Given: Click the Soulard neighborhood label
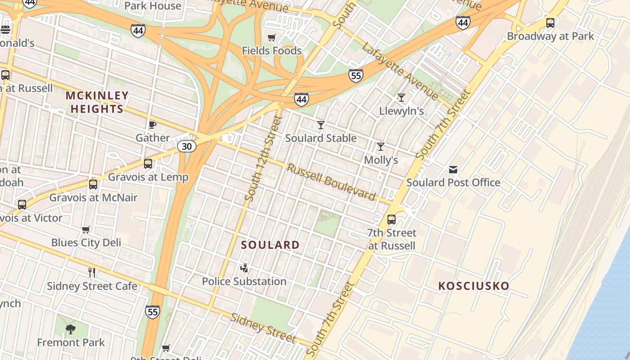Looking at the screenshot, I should point(270,245).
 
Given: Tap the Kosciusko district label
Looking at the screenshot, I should point(473,286).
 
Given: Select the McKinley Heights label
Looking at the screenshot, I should point(97,102).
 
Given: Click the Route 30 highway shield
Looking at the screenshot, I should point(186,146).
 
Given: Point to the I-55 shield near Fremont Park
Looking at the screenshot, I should point(153,311).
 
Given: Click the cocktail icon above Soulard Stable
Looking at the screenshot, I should point(321,125).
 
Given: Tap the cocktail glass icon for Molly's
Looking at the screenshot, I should point(381,147).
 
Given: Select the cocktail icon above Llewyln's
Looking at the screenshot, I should point(401,98).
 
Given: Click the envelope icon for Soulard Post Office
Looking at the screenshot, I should point(453,169).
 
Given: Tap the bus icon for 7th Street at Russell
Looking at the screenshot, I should point(391,220).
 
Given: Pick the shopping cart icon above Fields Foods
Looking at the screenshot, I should point(271,37).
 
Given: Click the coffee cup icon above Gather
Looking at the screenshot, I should point(153,125).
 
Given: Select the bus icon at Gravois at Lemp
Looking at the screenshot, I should point(148,164).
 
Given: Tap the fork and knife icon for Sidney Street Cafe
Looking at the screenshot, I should point(92,272).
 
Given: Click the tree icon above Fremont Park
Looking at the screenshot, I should point(70,329).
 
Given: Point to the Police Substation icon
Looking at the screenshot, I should point(244,268).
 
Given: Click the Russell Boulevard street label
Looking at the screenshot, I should point(331,182).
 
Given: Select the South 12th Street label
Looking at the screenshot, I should point(264,158).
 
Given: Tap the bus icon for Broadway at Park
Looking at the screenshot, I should point(550,23).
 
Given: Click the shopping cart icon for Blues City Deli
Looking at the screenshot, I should point(86,229).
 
